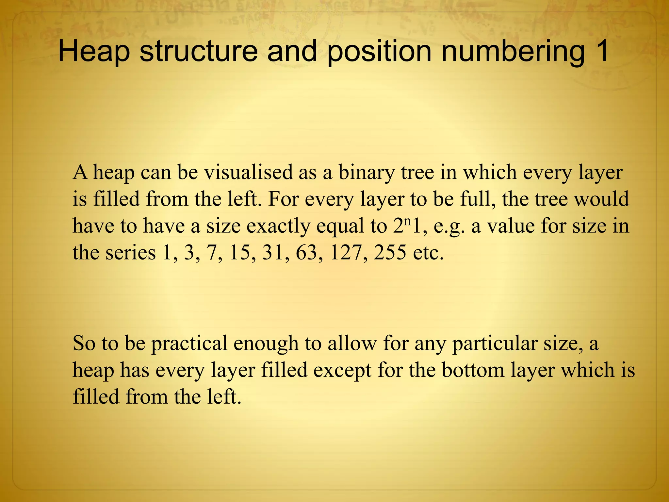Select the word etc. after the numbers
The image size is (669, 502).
click(428, 253)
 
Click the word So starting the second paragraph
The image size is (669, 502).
click(84, 343)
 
